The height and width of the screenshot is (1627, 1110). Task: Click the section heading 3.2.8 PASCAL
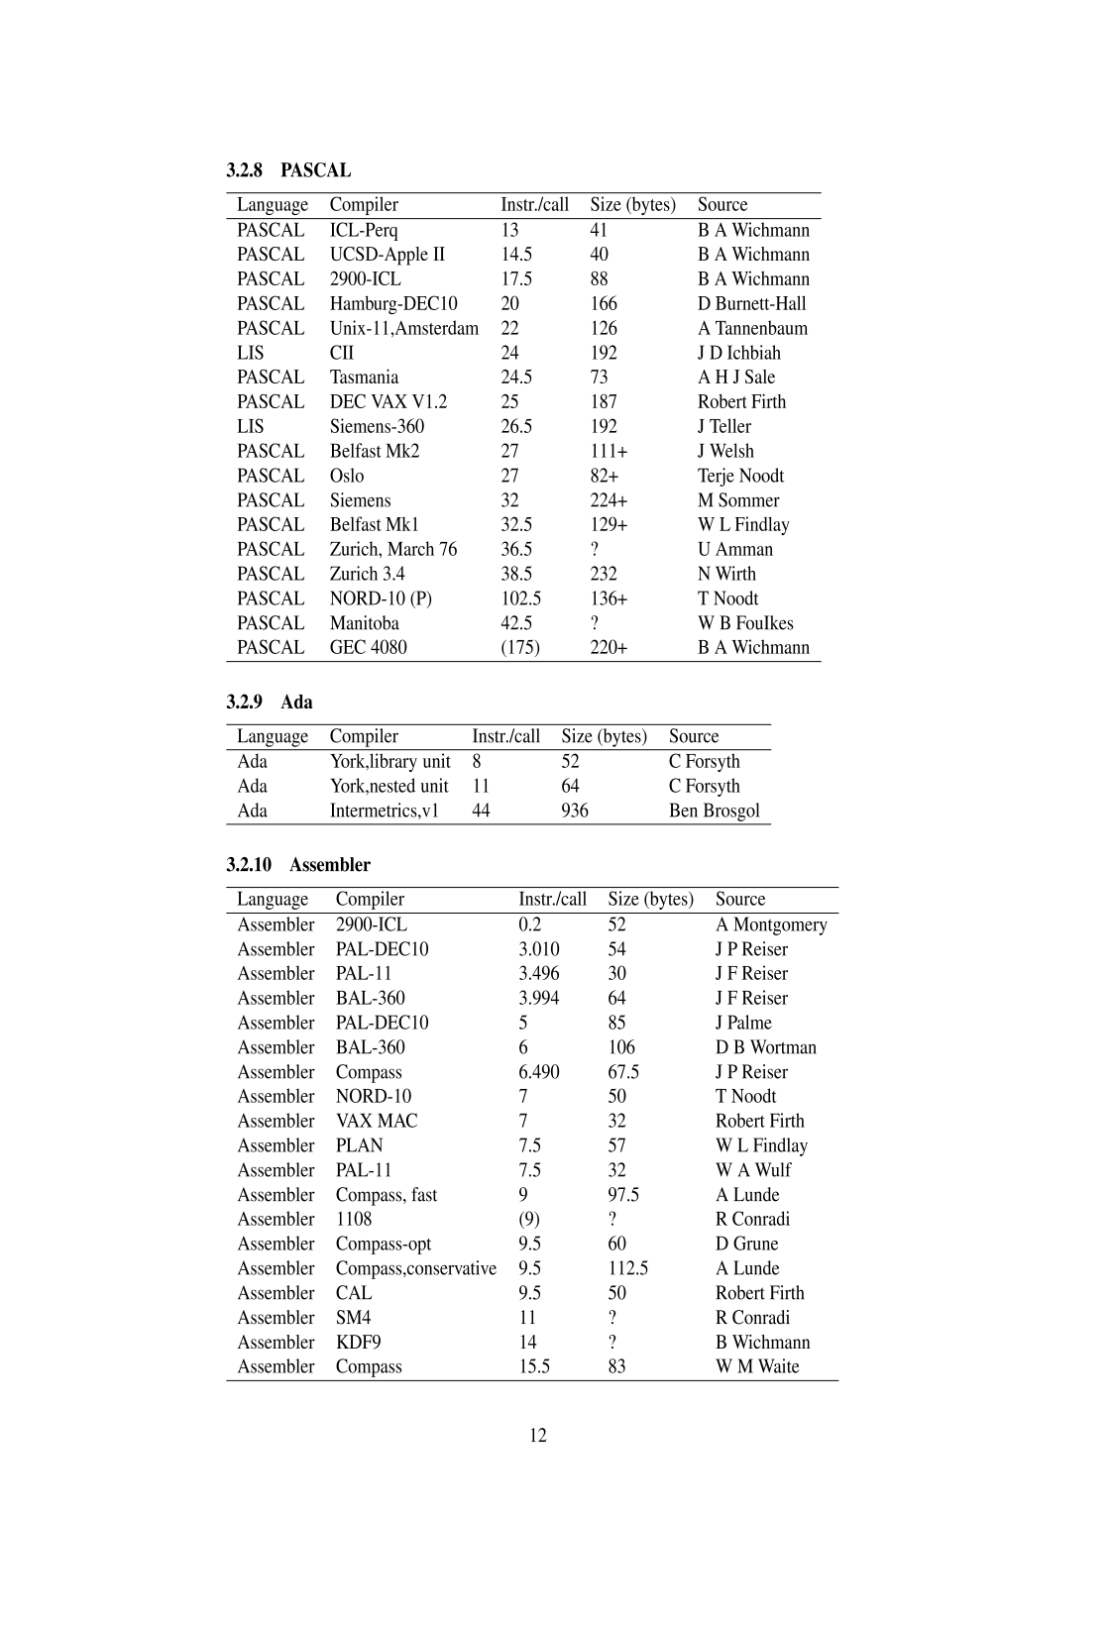pyautogui.click(x=288, y=170)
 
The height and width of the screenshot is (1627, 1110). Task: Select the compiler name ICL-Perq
pyautogui.click(x=364, y=230)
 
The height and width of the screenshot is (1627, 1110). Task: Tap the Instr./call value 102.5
pyautogui.click(x=520, y=598)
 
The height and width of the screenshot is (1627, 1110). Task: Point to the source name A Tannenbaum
pyautogui.click(x=752, y=328)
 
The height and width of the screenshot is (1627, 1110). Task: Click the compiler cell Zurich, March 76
pyautogui.click(x=393, y=549)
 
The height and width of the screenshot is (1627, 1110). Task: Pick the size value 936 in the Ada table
pyautogui.click(x=575, y=811)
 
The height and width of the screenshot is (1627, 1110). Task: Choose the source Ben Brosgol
pyautogui.click(x=714, y=811)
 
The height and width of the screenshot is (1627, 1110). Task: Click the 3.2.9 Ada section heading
pyautogui.click(x=270, y=703)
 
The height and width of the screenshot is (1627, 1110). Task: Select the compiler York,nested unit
pyautogui.click(x=388, y=786)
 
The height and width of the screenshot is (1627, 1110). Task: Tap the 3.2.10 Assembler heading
pyautogui.click(x=298, y=865)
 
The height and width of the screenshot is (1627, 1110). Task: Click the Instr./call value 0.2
pyautogui.click(x=530, y=924)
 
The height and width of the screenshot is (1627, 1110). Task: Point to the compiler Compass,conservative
pyautogui.click(x=415, y=1268)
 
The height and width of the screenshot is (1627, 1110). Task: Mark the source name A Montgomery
pyautogui.click(x=771, y=924)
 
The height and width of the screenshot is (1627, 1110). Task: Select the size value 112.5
pyautogui.click(x=627, y=1268)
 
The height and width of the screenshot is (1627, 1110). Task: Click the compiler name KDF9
pyautogui.click(x=358, y=1342)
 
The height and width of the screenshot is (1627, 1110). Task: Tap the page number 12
pyautogui.click(x=538, y=1436)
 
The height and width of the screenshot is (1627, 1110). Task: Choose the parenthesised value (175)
pyautogui.click(x=520, y=647)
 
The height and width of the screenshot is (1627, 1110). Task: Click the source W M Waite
pyautogui.click(x=757, y=1366)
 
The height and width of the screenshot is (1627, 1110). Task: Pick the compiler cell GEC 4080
pyautogui.click(x=368, y=647)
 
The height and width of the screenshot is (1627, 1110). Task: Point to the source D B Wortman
pyautogui.click(x=766, y=1047)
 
